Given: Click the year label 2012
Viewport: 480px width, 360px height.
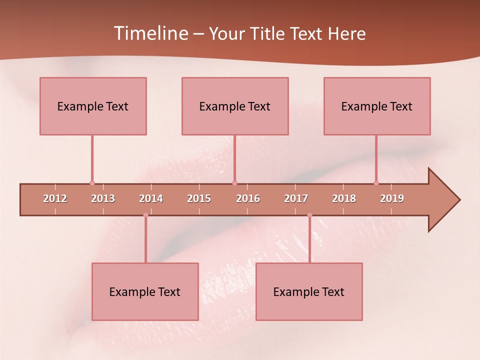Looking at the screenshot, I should pyautogui.click(x=55, y=198).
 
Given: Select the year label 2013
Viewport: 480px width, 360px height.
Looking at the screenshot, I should pyautogui.click(x=103, y=198).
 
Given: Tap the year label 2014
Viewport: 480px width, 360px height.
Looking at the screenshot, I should pyautogui.click(x=151, y=198).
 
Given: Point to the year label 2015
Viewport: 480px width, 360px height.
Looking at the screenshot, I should pyautogui.click(x=199, y=198).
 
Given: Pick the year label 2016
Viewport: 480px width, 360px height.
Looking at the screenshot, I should pyautogui.click(x=248, y=198).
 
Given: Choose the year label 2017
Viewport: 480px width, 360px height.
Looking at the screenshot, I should pyautogui.click(x=296, y=198).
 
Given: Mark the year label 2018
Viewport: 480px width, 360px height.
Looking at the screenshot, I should pyautogui.click(x=344, y=198).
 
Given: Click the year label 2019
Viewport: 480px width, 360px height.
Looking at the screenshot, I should pyautogui.click(x=392, y=198).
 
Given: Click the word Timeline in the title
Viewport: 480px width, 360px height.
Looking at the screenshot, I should pyautogui.click(x=150, y=33).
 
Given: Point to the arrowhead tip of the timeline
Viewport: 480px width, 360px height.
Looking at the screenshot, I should pyautogui.click(x=459, y=200).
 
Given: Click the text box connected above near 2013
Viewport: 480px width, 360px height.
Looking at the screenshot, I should pyautogui.click(x=93, y=106).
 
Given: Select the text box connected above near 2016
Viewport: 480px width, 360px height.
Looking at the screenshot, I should pyautogui.click(x=235, y=106).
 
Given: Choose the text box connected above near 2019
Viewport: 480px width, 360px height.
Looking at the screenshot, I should pyautogui.click(x=377, y=106).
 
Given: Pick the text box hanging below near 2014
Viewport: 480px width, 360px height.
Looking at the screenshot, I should pyautogui.click(x=145, y=291).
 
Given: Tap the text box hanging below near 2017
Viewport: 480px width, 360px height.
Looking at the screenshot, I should pyautogui.click(x=309, y=291).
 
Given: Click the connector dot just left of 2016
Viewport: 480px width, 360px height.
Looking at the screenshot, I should pyautogui.click(x=235, y=183).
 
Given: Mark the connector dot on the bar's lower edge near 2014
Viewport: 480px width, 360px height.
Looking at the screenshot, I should pyautogui.click(x=145, y=215).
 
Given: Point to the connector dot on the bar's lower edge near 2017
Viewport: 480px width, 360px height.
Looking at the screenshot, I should pyautogui.click(x=309, y=215).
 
